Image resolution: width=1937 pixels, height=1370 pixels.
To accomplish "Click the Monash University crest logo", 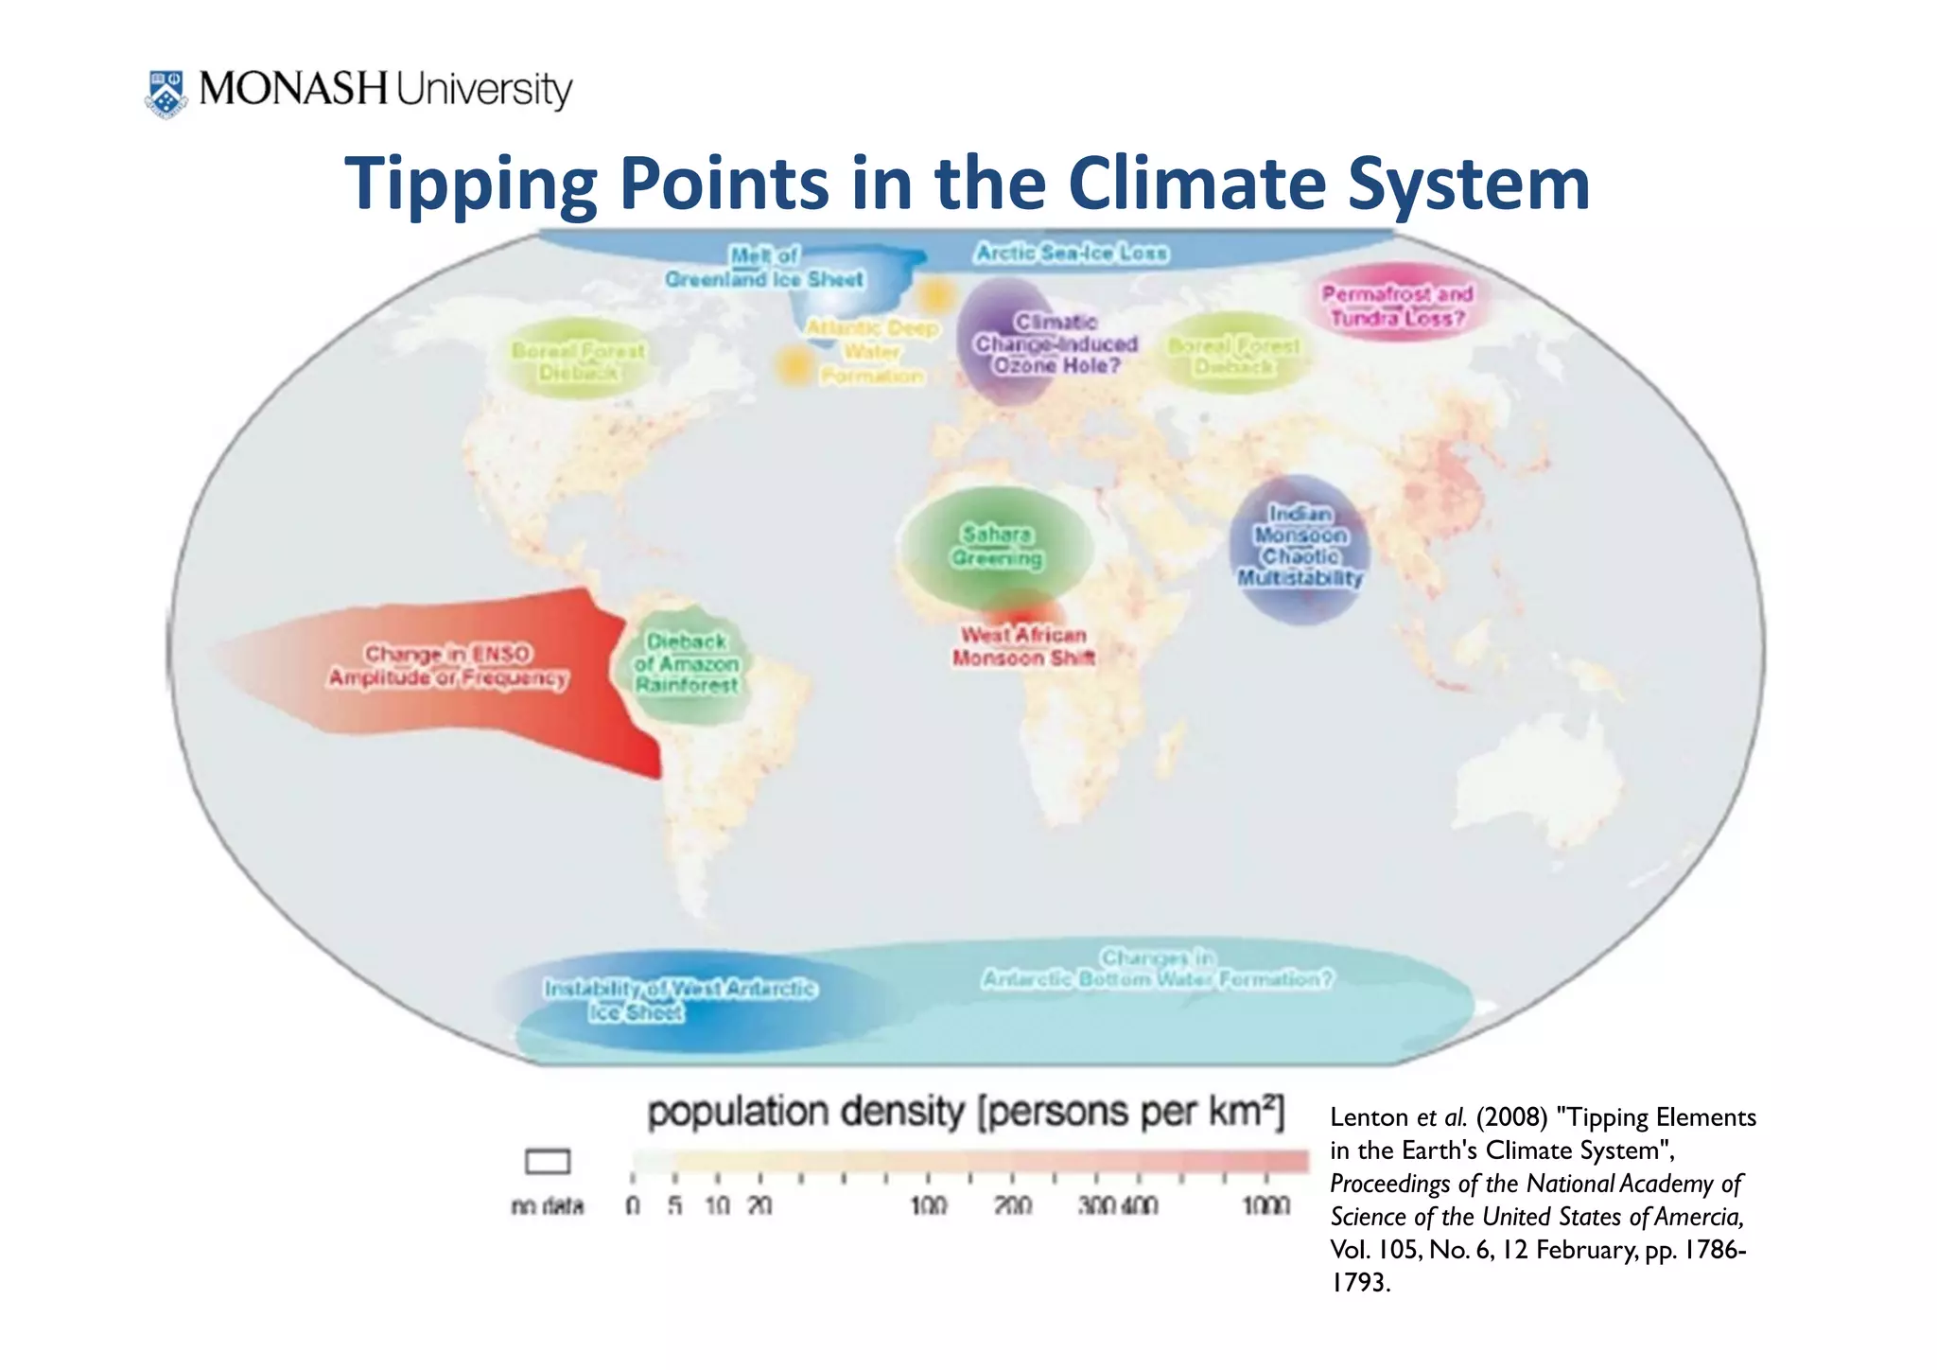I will (166, 93).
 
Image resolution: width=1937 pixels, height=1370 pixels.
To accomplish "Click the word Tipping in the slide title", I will (470, 184).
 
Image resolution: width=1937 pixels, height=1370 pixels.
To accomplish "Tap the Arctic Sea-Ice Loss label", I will (1072, 254).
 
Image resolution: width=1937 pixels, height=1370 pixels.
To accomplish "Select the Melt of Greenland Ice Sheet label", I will (764, 268).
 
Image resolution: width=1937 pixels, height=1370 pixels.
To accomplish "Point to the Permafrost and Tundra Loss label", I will (1397, 306).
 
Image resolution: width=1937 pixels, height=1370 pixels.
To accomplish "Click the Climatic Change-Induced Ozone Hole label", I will (1056, 344).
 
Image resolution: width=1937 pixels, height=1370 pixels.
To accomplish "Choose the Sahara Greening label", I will (997, 547).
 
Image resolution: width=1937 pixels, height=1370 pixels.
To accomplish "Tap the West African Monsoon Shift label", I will (1023, 646).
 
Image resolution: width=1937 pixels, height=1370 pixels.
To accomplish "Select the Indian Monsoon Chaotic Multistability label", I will (1300, 546).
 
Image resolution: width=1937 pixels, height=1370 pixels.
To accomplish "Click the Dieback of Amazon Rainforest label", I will (687, 663).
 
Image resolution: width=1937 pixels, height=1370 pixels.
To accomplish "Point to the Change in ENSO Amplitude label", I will (448, 666).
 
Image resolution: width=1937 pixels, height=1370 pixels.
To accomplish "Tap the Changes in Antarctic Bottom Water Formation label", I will (1157, 968).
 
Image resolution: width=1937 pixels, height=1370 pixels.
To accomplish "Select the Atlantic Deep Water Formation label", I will (871, 352).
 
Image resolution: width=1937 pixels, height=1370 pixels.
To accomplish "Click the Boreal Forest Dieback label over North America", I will (578, 361).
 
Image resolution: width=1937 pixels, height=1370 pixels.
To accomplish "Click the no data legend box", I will (548, 1161).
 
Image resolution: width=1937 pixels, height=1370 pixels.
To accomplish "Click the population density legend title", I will (965, 1113).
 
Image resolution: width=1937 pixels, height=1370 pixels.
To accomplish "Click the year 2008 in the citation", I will (1511, 1118).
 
